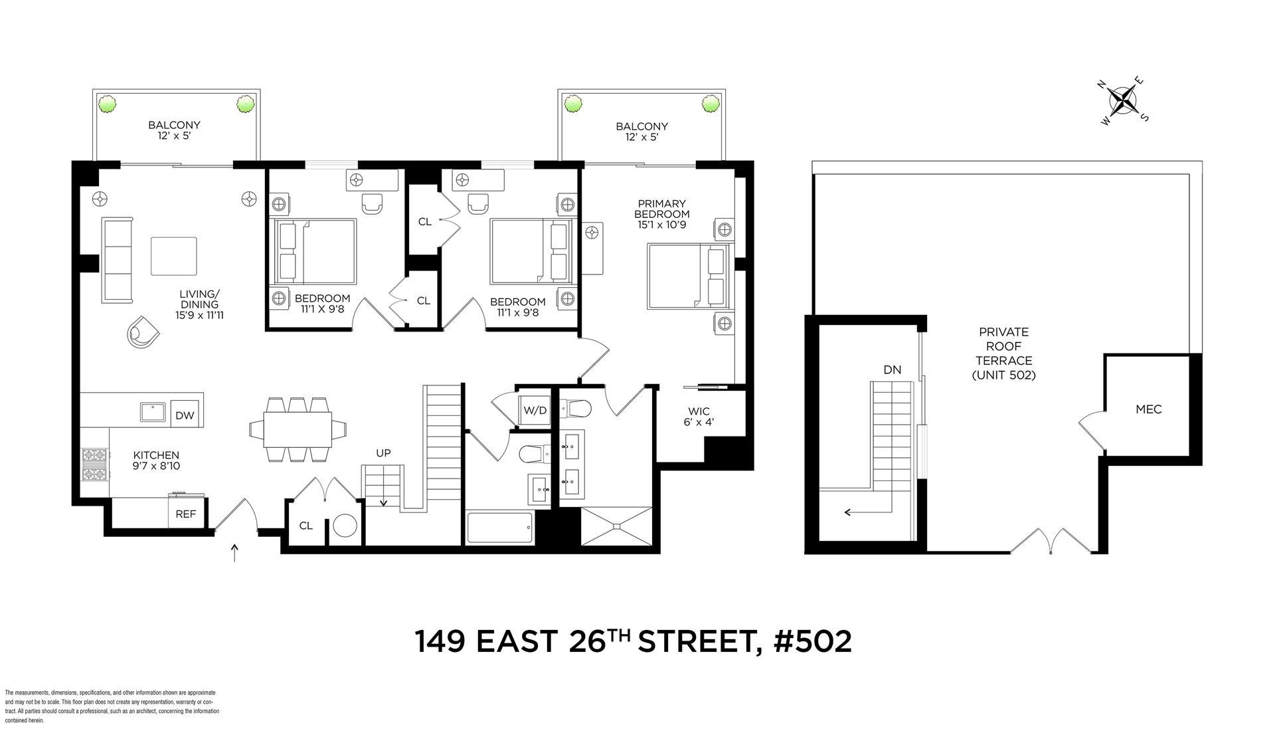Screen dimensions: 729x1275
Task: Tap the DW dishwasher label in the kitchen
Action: tap(185, 415)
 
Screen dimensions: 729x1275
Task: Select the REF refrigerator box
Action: tap(185, 513)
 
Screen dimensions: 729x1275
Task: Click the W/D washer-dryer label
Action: tap(535, 410)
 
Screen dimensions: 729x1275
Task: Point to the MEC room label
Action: tap(1148, 409)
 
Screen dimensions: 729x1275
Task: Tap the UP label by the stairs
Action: tap(383, 453)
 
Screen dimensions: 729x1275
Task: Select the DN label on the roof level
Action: tap(892, 369)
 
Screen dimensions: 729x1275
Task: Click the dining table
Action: tap(297, 429)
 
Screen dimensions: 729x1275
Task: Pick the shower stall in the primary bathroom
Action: tap(617, 527)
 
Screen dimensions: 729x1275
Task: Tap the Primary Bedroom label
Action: tap(661, 214)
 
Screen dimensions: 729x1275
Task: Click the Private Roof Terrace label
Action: tap(1003, 353)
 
